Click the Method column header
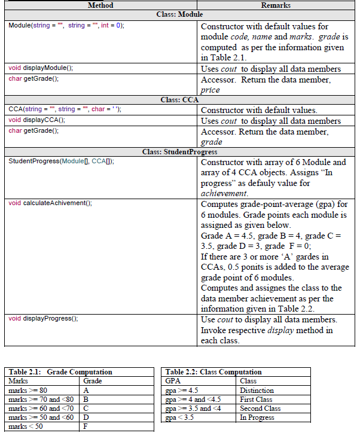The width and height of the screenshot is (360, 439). click(x=100, y=5)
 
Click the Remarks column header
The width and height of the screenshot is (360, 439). click(x=276, y=5)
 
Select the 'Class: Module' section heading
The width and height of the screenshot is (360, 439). click(x=179, y=14)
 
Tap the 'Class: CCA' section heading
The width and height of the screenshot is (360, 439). click(x=179, y=100)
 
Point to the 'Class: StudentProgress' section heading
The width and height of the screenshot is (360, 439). click(x=179, y=152)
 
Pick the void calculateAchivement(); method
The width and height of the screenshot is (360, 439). click(x=50, y=203)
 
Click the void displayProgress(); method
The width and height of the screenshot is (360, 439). click(x=43, y=318)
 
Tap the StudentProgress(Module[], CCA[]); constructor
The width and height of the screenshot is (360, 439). click(x=61, y=162)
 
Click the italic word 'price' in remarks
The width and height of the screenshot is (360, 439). click(x=210, y=90)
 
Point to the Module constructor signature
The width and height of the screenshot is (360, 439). click(x=66, y=26)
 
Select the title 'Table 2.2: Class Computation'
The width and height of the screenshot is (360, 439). click(x=213, y=372)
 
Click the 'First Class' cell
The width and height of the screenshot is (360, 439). click(x=255, y=400)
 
